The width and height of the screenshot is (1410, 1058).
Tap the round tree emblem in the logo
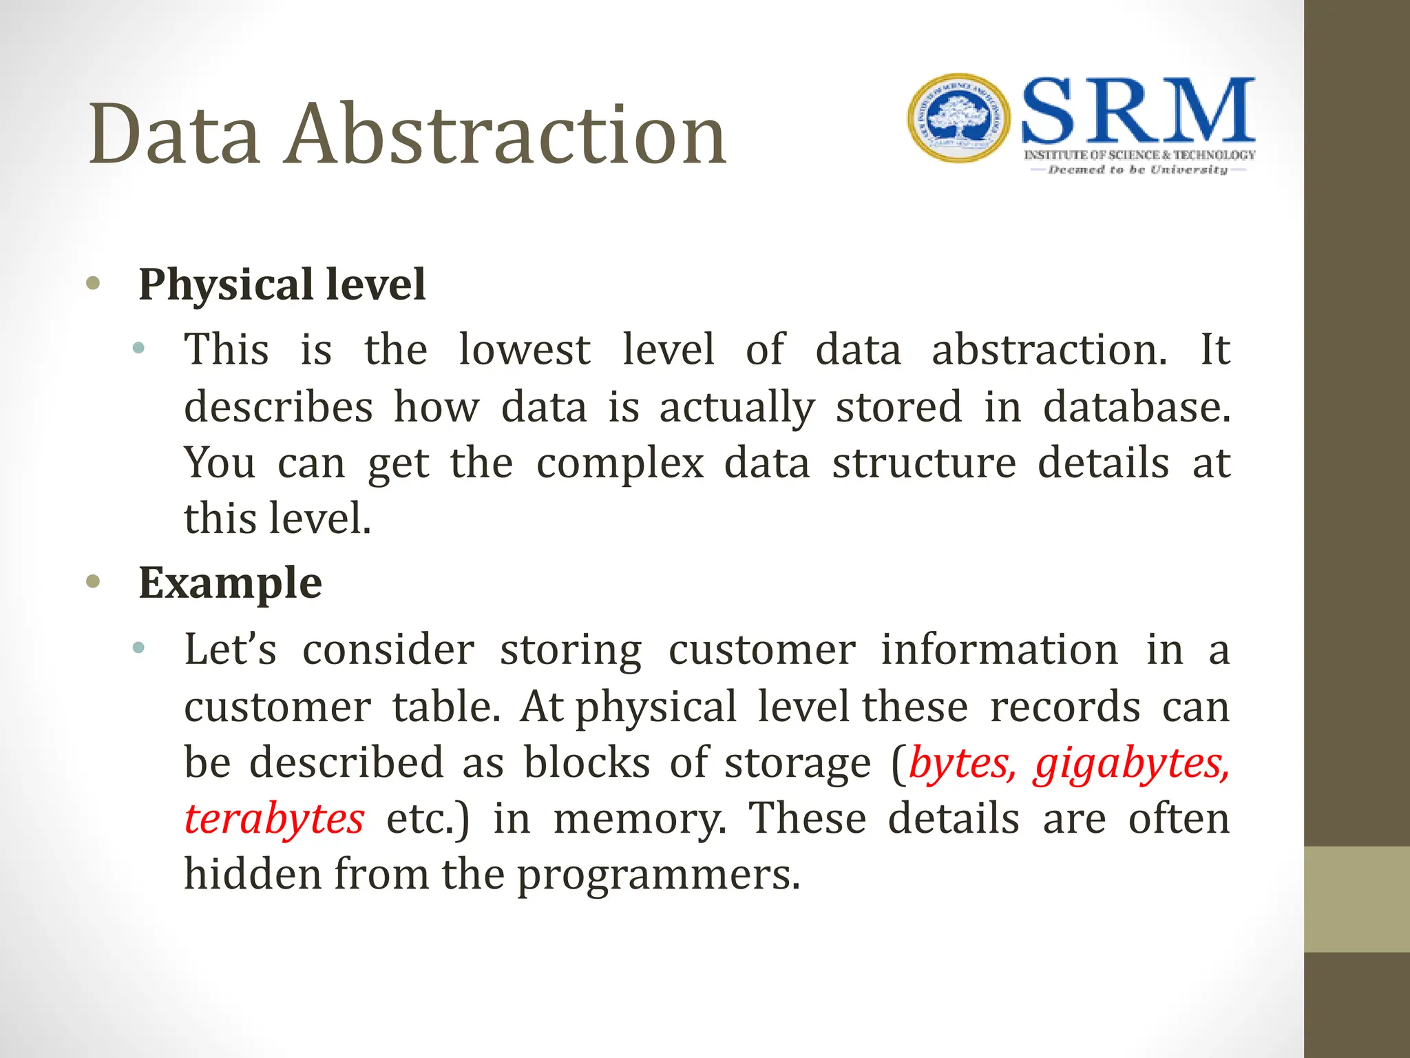point(959,118)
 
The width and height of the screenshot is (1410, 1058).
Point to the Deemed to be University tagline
point(1137,169)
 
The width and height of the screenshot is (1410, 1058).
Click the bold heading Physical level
point(282,284)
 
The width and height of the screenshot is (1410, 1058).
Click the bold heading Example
point(230,583)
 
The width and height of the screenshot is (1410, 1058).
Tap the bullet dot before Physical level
point(94,283)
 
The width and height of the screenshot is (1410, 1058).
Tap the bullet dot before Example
point(94,582)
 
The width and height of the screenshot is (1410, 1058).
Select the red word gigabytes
point(1132,765)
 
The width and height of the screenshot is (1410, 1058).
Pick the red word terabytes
point(274,820)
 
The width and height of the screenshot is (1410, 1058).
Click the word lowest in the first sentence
point(525,349)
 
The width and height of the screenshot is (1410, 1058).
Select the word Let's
point(230,649)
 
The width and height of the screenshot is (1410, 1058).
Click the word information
point(1000,649)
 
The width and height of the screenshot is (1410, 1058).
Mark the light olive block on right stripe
point(1356,899)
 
